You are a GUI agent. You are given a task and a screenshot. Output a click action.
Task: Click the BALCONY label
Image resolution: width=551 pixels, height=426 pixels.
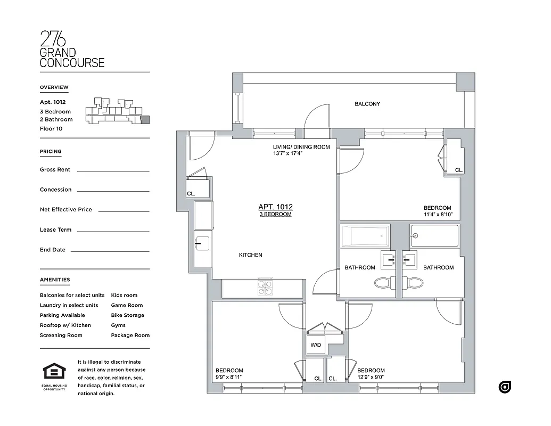(367, 104)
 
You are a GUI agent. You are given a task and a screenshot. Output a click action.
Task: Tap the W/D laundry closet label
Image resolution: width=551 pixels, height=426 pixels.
(316, 345)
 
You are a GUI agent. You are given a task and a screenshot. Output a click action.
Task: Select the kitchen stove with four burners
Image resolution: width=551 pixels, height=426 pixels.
(265, 288)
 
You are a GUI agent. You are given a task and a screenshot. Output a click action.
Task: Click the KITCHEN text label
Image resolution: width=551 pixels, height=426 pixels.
(250, 255)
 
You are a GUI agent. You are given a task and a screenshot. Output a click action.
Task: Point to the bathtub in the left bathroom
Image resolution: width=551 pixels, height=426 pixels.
(365, 236)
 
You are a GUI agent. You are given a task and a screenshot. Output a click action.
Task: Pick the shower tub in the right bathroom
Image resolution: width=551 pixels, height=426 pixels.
(434, 235)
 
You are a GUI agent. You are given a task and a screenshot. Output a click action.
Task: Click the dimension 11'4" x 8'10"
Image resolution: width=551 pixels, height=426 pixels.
(437, 215)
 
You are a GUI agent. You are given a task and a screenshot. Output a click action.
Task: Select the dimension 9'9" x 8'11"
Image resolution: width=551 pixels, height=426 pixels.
(229, 377)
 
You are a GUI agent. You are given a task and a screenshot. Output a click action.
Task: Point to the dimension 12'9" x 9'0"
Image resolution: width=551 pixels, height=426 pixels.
(371, 377)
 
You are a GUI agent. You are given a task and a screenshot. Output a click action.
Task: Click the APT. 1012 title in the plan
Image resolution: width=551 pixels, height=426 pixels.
(275, 207)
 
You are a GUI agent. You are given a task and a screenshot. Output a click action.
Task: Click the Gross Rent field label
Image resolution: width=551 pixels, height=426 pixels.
(55, 170)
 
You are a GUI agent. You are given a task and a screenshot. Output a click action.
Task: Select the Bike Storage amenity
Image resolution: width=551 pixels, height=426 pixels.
(127, 315)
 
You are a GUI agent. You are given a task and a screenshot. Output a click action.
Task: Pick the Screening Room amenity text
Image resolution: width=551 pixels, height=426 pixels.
(61, 335)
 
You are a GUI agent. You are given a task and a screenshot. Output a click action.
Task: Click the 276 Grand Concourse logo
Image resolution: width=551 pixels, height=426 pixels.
(72, 49)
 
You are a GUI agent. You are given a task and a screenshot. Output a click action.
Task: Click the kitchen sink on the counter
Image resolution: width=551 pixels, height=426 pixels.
(202, 244)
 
